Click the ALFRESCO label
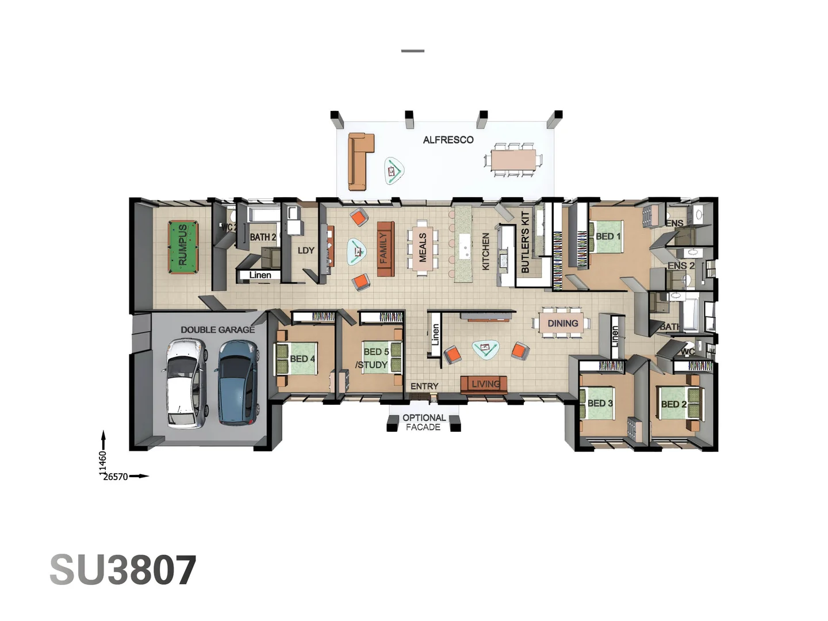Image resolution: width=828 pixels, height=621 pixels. tap(448, 140)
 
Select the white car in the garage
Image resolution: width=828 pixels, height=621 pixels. tap(186, 384)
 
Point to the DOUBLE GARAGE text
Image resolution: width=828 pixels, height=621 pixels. tap(217, 329)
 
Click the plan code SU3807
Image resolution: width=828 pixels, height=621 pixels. tap(123, 570)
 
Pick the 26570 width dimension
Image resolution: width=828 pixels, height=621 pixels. tap(116, 477)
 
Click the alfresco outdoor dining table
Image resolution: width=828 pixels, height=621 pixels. tap(513, 159)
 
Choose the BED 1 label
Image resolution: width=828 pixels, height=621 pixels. tap(608, 236)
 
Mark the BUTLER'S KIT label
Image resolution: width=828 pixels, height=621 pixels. tap(525, 242)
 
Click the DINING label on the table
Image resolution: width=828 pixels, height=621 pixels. tap(562, 324)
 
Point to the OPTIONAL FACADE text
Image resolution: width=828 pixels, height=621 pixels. tap(424, 422)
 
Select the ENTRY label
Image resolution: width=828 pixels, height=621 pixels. tap(424, 386)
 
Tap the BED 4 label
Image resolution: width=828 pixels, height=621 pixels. tap(302, 359)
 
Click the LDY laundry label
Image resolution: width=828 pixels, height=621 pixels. tap(306, 250)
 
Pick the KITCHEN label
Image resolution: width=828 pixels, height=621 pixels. tap(486, 251)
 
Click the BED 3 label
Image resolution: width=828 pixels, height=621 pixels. tap(600, 403)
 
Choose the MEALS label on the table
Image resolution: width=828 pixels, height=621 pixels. tap(423, 248)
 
